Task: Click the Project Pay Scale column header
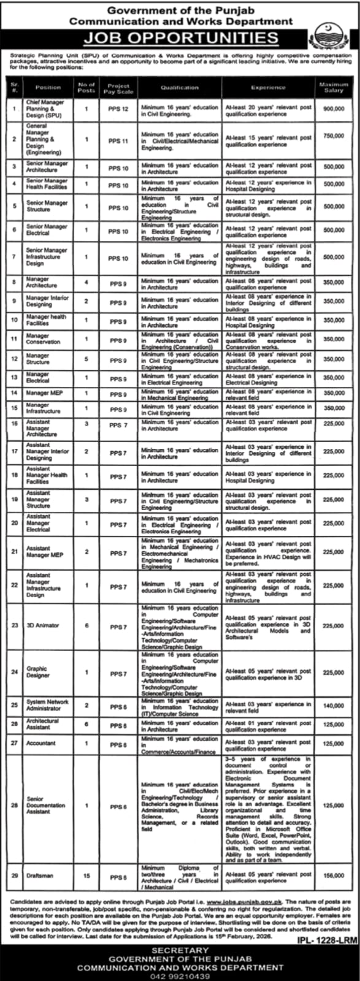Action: tap(118, 88)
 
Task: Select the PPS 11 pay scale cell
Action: tap(118, 140)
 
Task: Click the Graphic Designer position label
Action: tap(37, 673)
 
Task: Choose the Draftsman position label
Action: tap(40, 876)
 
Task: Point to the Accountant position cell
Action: tap(41, 743)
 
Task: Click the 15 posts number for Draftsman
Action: tap(86, 876)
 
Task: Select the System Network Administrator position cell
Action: tap(47, 705)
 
